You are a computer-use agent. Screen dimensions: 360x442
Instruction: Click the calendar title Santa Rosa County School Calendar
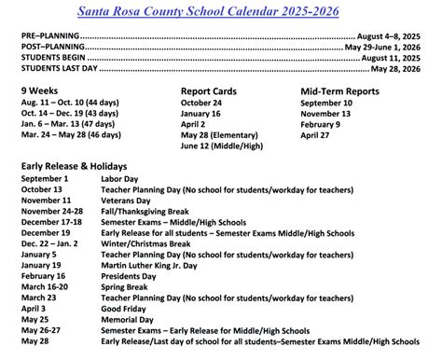(220, 10)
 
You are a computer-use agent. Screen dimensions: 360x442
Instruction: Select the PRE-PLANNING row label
(49, 35)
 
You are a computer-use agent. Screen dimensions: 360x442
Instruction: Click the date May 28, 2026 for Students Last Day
(399, 68)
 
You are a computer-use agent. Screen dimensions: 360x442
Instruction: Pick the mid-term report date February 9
(326, 123)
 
